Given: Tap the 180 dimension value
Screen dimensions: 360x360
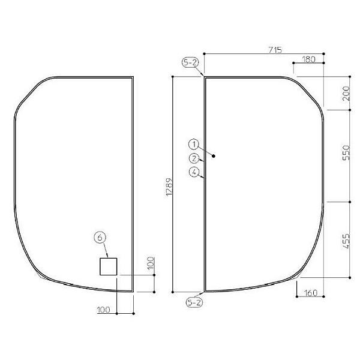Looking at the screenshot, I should tap(309, 59).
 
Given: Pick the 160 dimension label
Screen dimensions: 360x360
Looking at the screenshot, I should tap(311, 293).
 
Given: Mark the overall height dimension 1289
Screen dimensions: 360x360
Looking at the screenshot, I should tap(169, 187).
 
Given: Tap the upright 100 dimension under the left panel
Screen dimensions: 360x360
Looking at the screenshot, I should tap(104, 310).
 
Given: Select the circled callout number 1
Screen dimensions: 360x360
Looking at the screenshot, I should tap(193, 144).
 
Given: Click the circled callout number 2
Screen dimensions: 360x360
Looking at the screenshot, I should tap(193, 158).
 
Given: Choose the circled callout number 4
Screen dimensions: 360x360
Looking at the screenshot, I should tap(193, 172).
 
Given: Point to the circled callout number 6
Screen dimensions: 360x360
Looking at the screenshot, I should tap(100, 238).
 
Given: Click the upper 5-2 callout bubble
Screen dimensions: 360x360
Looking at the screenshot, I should tap(191, 62).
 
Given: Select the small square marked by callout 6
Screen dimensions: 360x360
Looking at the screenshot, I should tap(108, 266).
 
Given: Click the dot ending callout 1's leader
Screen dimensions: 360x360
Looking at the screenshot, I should tap(214, 156).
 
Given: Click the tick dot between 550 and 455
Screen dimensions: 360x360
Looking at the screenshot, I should tap(349, 202).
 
